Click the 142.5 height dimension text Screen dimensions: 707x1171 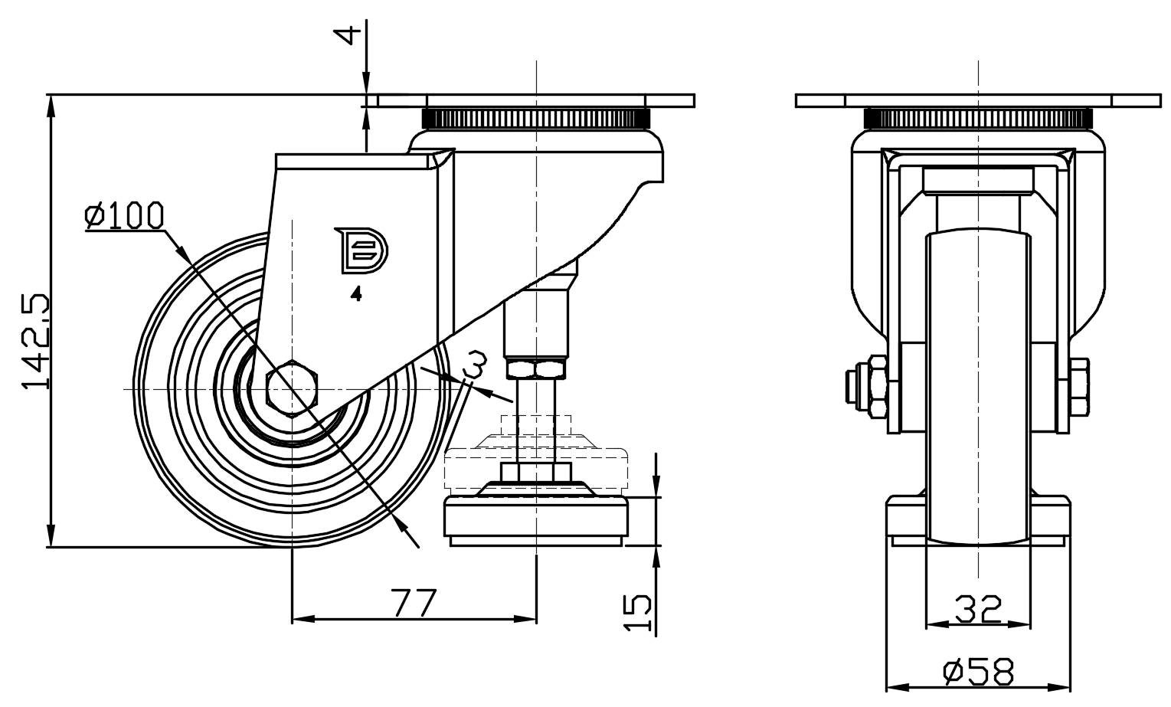click(x=36, y=340)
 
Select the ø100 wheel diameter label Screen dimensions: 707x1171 click(x=124, y=216)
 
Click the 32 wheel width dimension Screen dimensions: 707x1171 click(x=978, y=609)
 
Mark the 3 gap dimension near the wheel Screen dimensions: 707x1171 click(x=475, y=364)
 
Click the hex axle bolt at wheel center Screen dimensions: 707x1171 click(x=292, y=386)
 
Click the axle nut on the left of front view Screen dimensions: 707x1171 click(x=868, y=387)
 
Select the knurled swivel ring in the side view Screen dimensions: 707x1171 click(x=536, y=119)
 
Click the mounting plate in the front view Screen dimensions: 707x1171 click(x=978, y=100)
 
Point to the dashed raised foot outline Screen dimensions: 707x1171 click(x=536, y=463)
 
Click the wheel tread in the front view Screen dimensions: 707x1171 click(x=978, y=383)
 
